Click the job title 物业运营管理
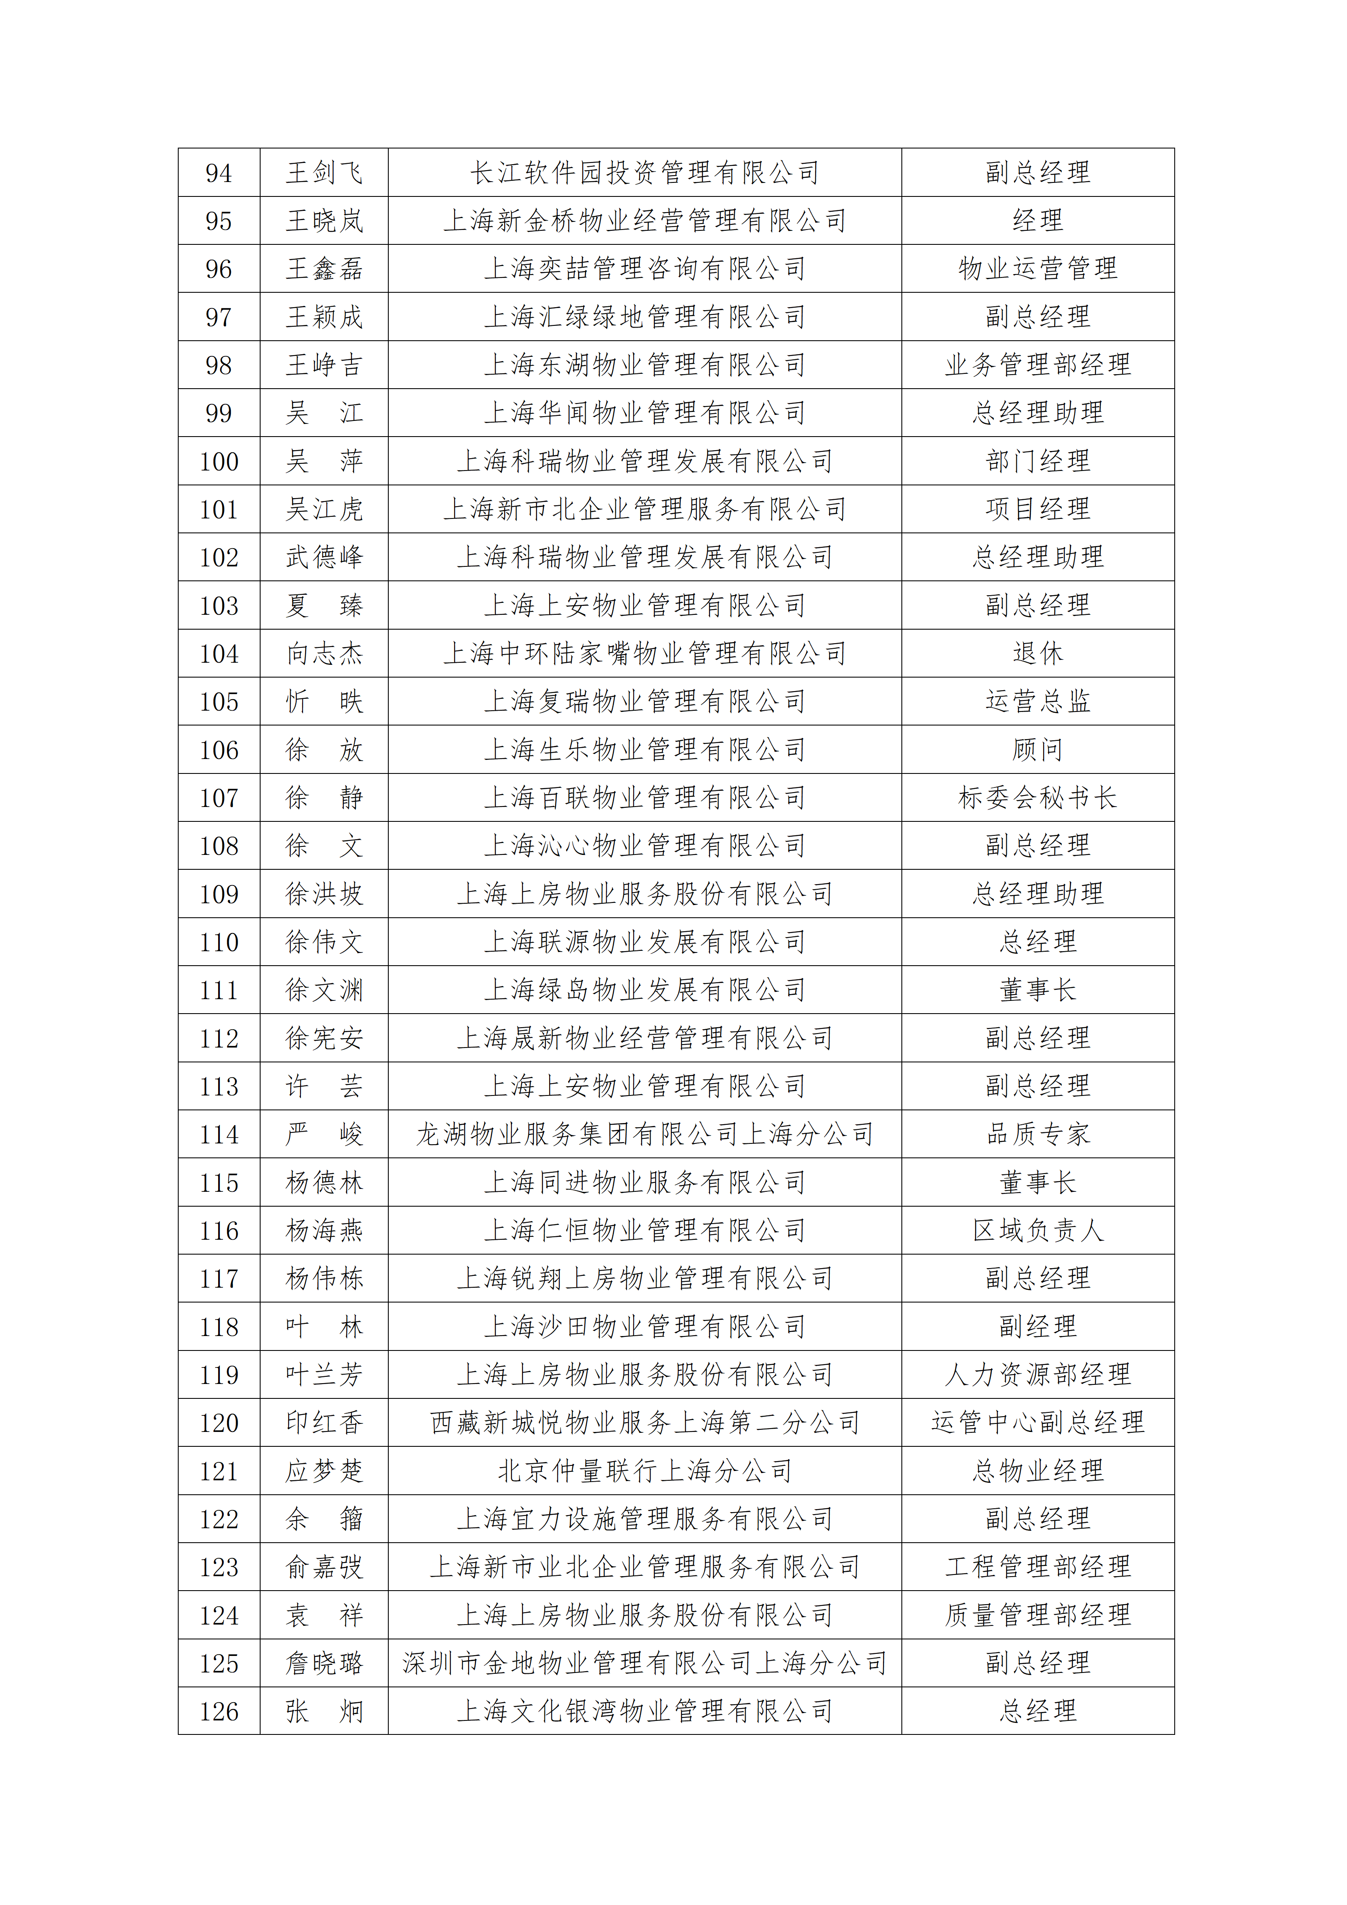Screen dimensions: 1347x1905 click(x=1038, y=269)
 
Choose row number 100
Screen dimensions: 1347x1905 click(x=219, y=461)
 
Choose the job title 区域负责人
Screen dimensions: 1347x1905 click(x=1038, y=1230)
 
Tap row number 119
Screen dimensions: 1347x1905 click(x=219, y=1375)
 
